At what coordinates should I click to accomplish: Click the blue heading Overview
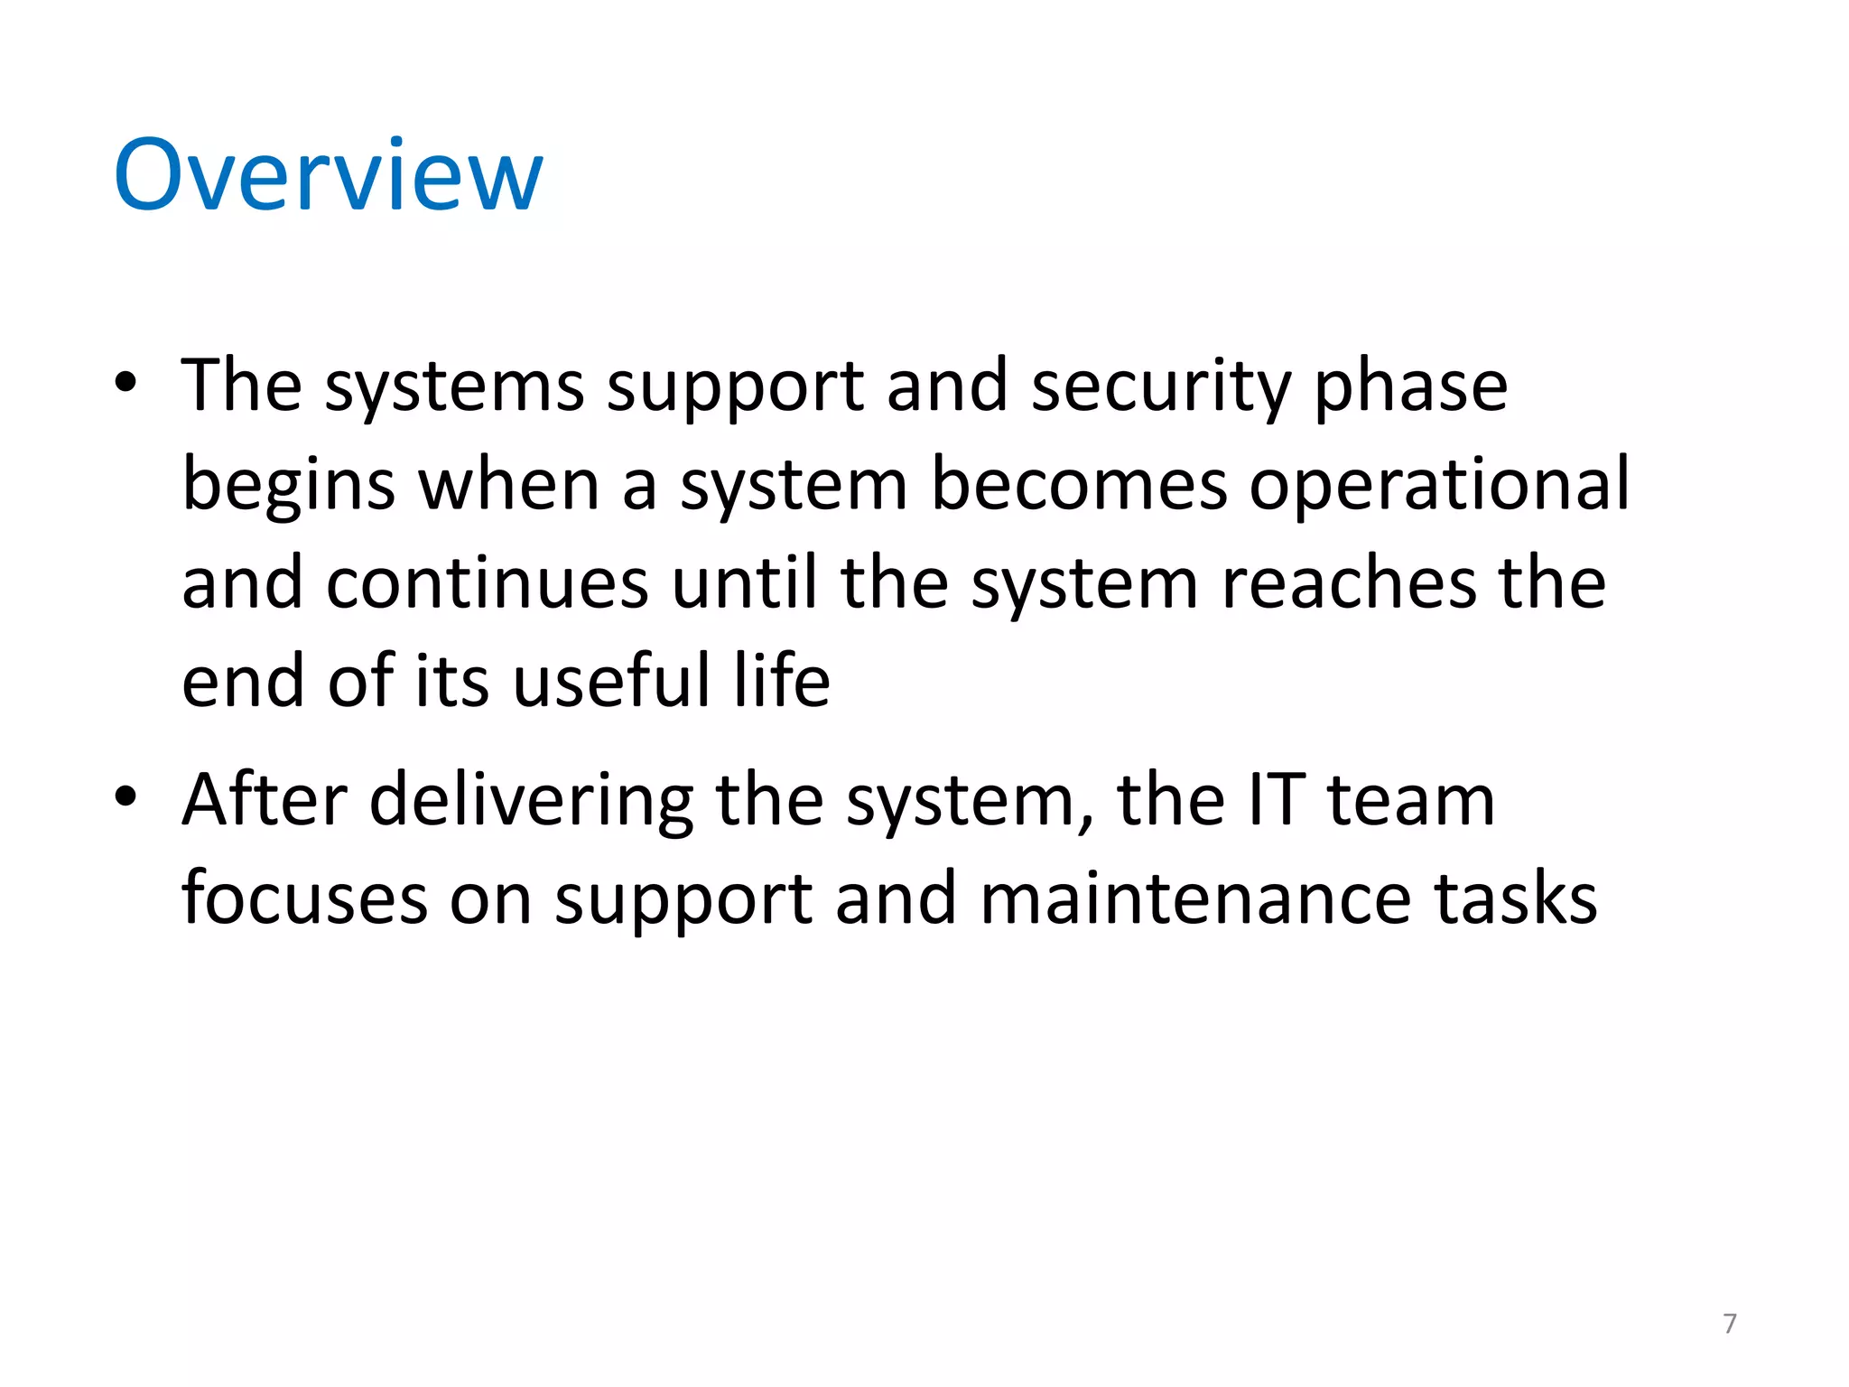(329, 175)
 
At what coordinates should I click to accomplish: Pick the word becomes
(1079, 486)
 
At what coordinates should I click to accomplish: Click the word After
(265, 801)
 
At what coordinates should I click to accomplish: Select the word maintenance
(1195, 899)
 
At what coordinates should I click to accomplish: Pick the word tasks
(1516, 899)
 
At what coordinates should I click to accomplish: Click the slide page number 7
(1729, 1324)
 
